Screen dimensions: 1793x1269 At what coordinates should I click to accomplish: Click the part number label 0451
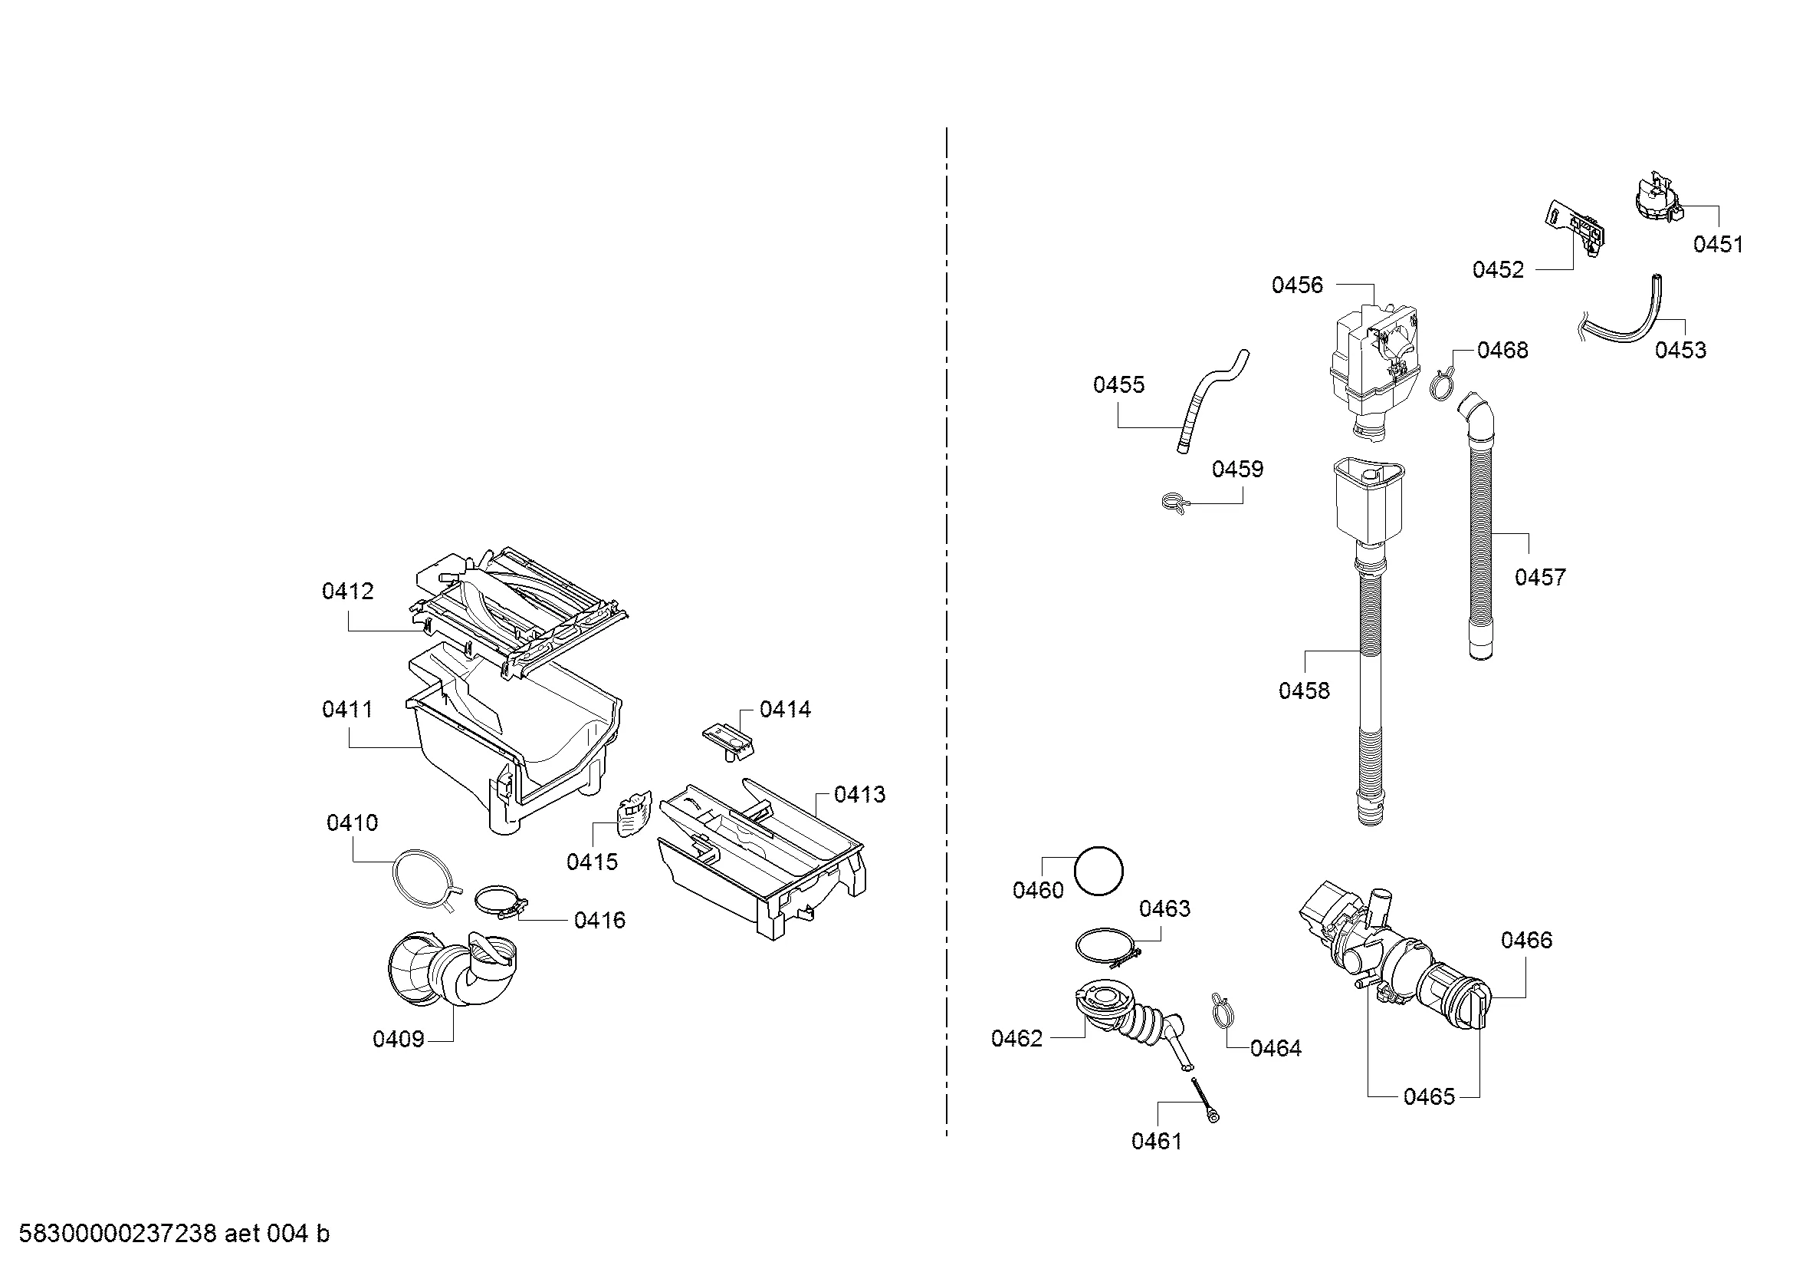[x=1717, y=245]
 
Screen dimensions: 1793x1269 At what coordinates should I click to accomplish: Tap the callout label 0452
[x=1498, y=269]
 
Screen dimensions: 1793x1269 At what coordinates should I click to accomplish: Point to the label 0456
[x=1297, y=285]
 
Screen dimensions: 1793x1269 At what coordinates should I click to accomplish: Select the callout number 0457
[x=1540, y=578]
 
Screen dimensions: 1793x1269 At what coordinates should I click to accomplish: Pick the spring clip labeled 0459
[x=1175, y=503]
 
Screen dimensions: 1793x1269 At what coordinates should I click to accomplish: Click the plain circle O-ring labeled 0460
[x=1098, y=871]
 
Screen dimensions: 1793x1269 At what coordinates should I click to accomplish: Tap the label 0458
[x=1303, y=691]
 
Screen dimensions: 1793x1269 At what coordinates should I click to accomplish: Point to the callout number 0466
[x=1527, y=940]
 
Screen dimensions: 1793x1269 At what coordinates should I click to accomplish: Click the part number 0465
[x=1429, y=1097]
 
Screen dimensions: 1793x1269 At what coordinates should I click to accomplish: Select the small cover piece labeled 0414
[x=727, y=738]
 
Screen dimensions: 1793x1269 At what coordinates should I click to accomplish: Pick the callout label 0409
[x=399, y=1040]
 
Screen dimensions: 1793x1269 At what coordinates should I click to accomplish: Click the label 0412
[x=347, y=592]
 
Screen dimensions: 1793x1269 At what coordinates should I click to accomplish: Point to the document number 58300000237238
[x=117, y=1234]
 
